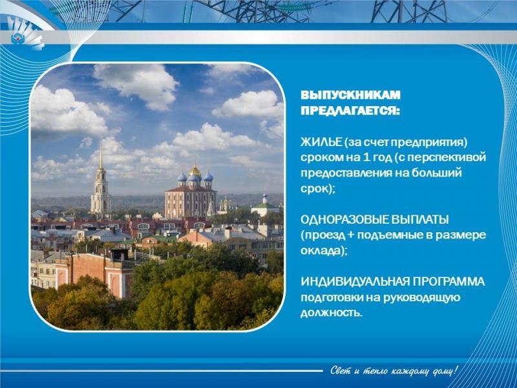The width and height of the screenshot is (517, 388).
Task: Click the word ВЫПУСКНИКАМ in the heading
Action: (x=350, y=95)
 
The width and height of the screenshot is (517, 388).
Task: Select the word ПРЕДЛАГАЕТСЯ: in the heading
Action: (x=350, y=111)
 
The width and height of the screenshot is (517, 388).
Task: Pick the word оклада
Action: (x=321, y=251)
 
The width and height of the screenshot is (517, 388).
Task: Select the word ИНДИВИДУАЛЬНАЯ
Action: (x=355, y=282)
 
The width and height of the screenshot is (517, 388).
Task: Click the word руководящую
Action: (x=421, y=298)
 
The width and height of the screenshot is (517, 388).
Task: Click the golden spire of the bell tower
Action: (x=101, y=157)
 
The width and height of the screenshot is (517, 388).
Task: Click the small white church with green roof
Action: (x=265, y=207)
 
